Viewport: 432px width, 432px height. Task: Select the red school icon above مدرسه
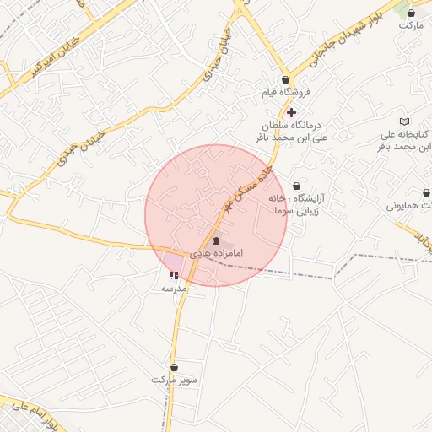click(x=174, y=275)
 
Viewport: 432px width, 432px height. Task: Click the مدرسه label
click(x=174, y=289)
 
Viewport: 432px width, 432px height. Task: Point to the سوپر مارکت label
click(x=175, y=380)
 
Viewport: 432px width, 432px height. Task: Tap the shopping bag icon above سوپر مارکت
click(x=175, y=367)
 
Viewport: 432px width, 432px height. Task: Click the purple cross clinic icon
click(x=291, y=111)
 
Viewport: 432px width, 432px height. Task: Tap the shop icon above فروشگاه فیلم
click(x=285, y=79)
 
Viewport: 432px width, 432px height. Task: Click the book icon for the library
click(x=404, y=121)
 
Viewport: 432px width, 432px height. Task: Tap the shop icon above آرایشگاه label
click(x=296, y=186)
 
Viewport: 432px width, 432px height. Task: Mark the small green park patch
click(x=403, y=7)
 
